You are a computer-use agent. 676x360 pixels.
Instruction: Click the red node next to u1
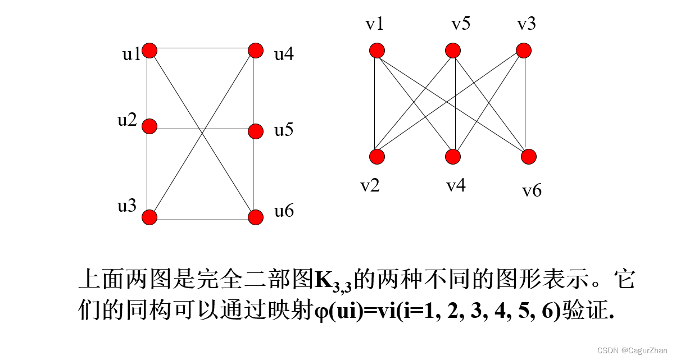(x=149, y=51)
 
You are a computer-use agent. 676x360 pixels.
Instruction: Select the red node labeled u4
(x=256, y=51)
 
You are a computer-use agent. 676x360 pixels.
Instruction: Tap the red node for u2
(x=149, y=126)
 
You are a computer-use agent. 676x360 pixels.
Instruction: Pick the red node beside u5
(x=256, y=131)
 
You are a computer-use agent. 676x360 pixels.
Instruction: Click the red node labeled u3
(x=149, y=217)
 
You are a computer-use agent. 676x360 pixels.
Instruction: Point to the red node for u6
(x=256, y=217)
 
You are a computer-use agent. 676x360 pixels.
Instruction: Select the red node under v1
(x=377, y=51)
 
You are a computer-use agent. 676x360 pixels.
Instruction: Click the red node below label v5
(x=453, y=51)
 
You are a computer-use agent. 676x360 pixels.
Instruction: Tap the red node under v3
(x=524, y=51)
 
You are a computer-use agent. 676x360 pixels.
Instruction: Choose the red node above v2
(x=377, y=157)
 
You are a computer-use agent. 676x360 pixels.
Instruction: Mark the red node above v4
(x=453, y=157)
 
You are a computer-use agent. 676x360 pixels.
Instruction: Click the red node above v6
(x=529, y=157)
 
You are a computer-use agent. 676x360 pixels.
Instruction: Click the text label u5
(x=284, y=130)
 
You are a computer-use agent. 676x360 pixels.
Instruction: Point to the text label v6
(x=532, y=191)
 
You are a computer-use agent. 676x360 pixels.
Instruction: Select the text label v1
(x=375, y=24)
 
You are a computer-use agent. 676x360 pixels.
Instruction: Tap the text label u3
(x=126, y=206)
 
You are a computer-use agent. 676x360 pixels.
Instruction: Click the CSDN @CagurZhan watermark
(x=632, y=350)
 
